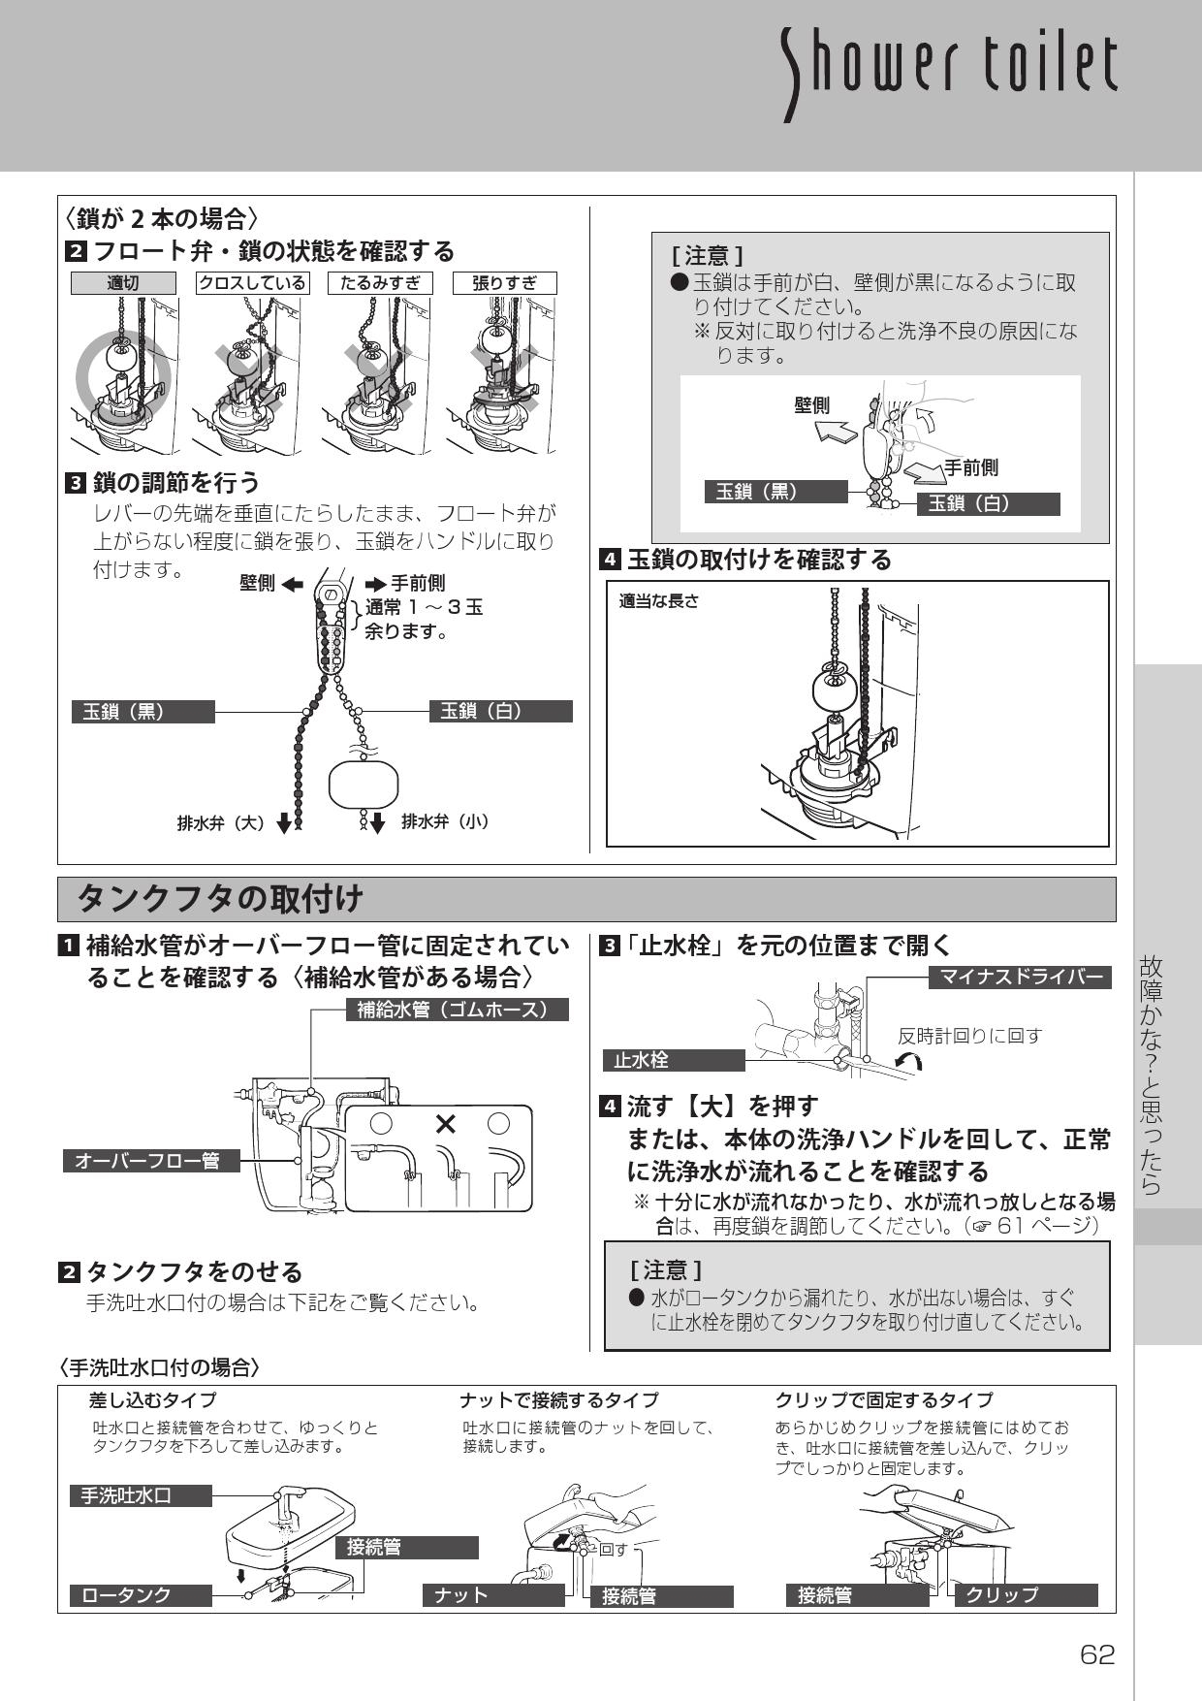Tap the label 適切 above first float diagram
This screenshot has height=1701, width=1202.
[123, 283]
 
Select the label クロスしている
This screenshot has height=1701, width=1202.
[252, 283]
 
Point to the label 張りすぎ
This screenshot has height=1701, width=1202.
[505, 283]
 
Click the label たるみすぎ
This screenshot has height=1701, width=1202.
[379, 283]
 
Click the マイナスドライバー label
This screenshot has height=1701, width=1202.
[1020, 977]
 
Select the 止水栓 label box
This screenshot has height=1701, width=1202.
[673, 1060]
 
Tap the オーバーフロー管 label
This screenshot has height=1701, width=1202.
[150, 1161]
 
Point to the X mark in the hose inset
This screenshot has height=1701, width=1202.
[445, 1124]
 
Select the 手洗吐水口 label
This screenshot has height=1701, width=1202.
[141, 1494]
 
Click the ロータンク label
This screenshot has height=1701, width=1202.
[141, 1595]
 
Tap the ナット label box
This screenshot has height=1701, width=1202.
[493, 1595]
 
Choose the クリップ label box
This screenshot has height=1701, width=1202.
[1027, 1595]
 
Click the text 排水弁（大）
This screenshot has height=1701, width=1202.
[221, 822]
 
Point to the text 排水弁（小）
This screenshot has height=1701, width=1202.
[445, 821]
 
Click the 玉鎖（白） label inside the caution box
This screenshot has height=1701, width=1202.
[988, 503]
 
